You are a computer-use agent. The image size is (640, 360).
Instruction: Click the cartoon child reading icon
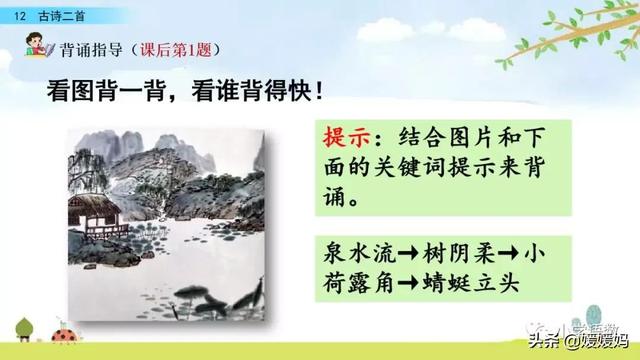point(38,47)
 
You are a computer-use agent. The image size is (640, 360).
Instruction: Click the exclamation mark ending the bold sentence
point(318,91)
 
